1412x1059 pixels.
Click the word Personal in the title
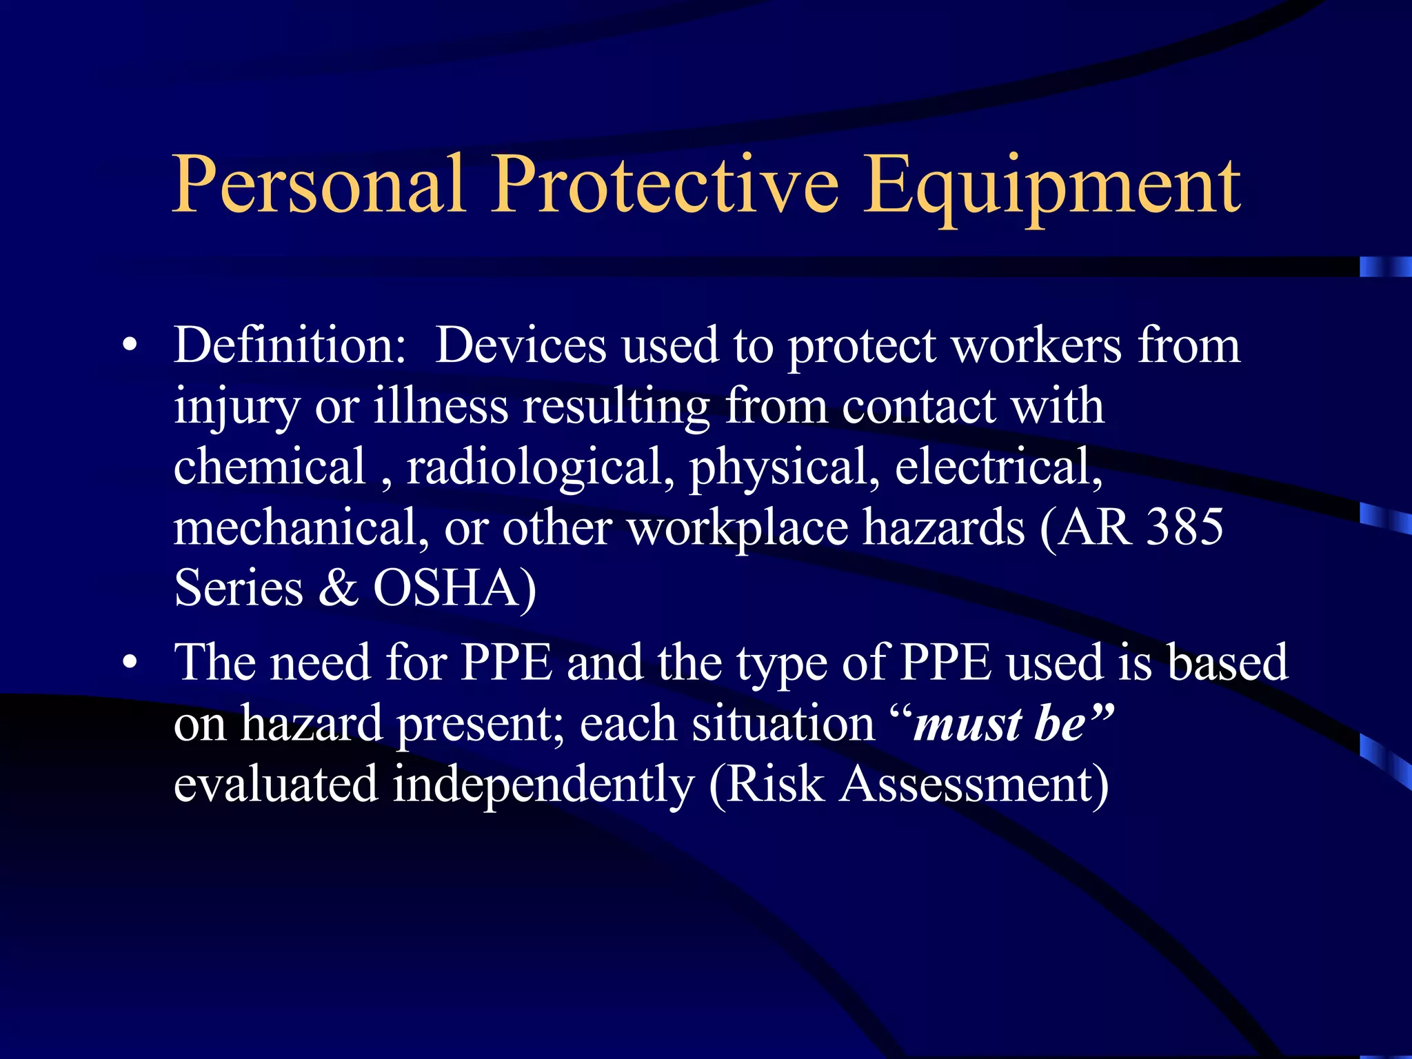click(x=318, y=184)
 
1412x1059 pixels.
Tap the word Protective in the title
click(x=665, y=184)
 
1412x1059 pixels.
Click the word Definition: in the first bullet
click(x=290, y=345)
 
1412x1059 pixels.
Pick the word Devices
click(x=521, y=345)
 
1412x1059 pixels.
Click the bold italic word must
click(x=958, y=724)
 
